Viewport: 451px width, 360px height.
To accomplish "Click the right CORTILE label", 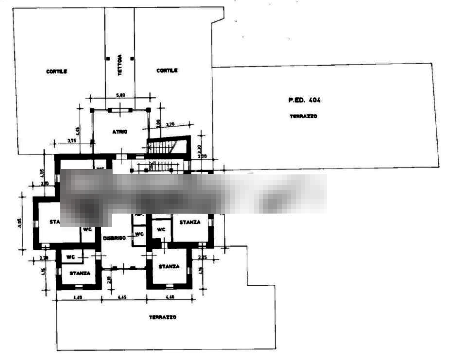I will (166, 70).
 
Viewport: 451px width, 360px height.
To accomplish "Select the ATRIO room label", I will (119, 132).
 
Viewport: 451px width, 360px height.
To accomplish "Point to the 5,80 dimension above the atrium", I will (120, 95).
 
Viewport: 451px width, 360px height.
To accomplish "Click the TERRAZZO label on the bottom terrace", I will (163, 317).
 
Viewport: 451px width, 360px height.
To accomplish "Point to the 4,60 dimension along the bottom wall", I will (122, 298).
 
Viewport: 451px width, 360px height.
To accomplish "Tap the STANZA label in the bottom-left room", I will (80, 272).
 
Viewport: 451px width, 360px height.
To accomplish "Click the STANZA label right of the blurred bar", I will (191, 221).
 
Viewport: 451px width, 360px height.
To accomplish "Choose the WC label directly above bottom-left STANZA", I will (71, 256).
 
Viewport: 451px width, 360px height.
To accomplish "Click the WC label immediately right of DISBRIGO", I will (139, 234).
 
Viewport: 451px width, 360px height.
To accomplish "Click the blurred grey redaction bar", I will (193, 193).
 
